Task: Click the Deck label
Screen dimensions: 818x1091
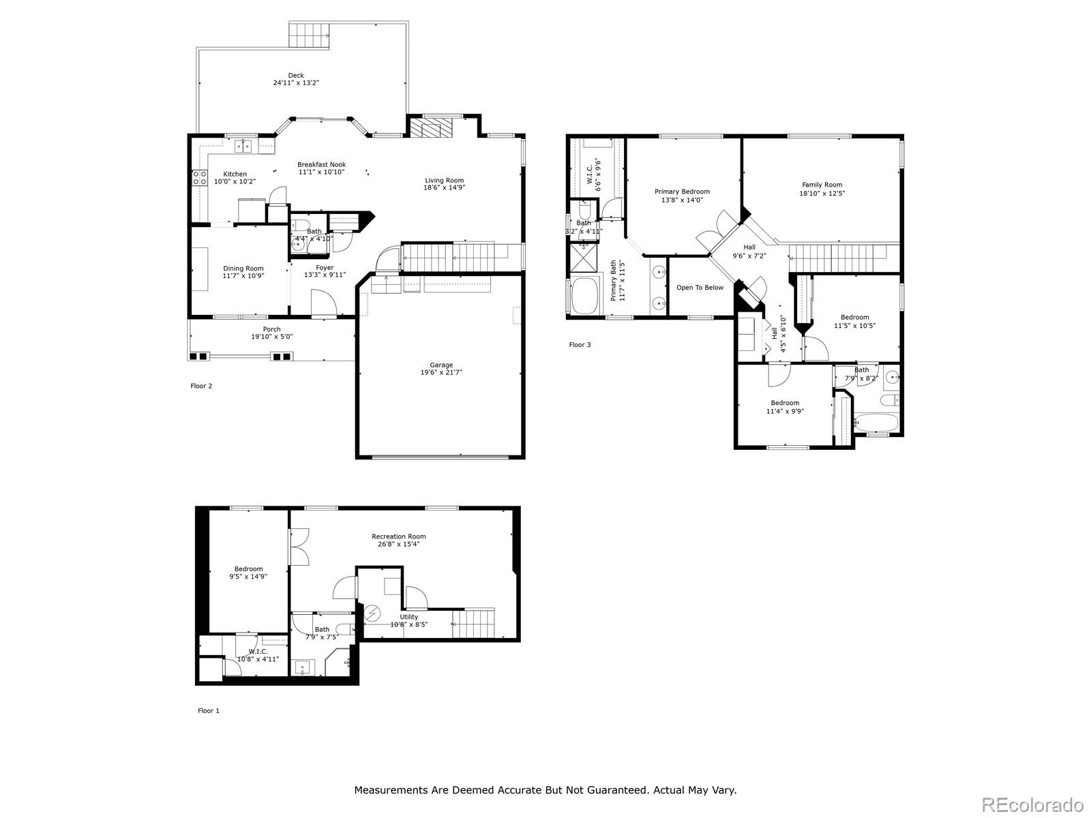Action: tap(296, 76)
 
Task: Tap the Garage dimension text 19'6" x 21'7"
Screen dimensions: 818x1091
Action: tap(441, 373)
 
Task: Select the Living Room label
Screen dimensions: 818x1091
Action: tap(445, 181)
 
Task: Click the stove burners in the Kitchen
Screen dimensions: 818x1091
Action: tap(200, 178)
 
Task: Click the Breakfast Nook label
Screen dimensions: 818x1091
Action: tap(321, 164)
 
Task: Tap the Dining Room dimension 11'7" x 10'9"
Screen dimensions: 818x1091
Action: tap(243, 276)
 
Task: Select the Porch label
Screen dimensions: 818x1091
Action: tap(272, 329)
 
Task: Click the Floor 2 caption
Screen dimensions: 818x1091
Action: tap(201, 386)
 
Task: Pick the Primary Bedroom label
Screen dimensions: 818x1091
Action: tap(682, 192)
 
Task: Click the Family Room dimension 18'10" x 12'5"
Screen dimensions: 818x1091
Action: tap(822, 194)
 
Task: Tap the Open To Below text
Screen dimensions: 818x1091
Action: tap(700, 288)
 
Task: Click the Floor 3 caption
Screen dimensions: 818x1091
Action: tap(580, 345)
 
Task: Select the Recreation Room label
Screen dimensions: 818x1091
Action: tap(399, 536)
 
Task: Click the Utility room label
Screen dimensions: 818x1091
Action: tap(409, 617)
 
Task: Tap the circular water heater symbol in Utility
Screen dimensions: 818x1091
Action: tap(372, 613)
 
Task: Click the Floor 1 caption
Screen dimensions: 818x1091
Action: tap(209, 710)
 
